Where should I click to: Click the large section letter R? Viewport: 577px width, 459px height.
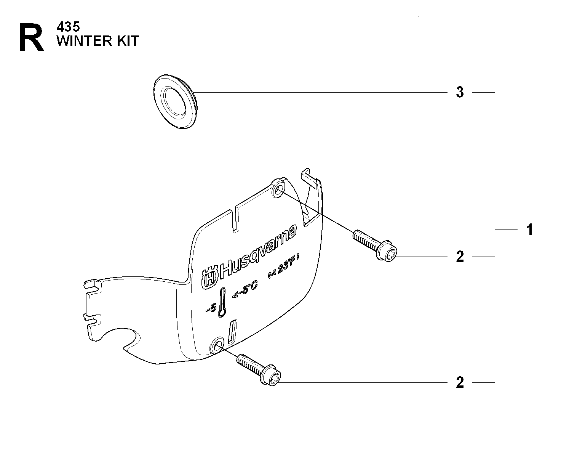tap(31, 37)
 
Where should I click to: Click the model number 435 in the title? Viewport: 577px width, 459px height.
tap(68, 27)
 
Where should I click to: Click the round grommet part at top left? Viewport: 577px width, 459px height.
tap(176, 101)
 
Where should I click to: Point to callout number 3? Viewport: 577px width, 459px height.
tap(460, 92)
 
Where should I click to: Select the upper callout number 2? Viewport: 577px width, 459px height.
tap(460, 257)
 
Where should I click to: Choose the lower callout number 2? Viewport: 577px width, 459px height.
tap(460, 382)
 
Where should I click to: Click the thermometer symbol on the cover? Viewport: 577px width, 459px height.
tap(222, 302)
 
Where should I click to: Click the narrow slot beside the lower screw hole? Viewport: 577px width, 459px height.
tap(232, 332)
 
